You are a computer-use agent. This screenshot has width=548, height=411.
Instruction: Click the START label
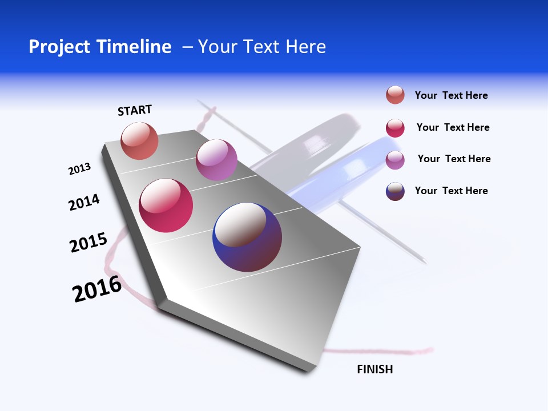pyautogui.click(x=135, y=110)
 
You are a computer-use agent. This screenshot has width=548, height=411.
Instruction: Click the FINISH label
pyautogui.click(x=374, y=369)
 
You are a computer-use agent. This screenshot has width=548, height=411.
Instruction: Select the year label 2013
pyautogui.click(x=79, y=169)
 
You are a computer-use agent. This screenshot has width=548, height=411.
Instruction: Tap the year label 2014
pyautogui.click(x=84, y=202)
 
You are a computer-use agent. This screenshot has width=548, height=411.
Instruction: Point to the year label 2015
pyautogui.click(x=88, y=243)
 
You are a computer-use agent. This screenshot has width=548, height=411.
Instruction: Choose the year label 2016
pyautogui.click(x=97, y=289)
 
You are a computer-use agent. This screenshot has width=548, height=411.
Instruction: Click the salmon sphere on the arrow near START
pyautogui.click(x=139, y=141)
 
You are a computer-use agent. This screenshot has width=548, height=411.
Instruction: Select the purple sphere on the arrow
pyautogui.click(x=216, y=160)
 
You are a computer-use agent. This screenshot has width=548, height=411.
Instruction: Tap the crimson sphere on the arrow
pyautogui.click(x=166, y=205)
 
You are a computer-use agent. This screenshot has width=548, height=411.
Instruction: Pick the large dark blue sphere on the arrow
pyautogui.click(x=247, y=237)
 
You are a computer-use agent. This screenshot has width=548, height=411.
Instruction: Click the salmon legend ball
pyautogui.click(x=395, y=95)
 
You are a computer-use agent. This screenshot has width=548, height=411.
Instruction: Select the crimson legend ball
pyautogui.click(x=395, y=128)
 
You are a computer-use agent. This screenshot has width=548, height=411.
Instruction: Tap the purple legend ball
pyautogui.click(x=395, y=160)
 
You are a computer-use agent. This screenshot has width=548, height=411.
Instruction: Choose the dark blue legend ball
pyautogui.click(x=395, y=191)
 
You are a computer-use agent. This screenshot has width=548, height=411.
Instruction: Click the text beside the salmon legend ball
pyautogui.click(x=451, y=95)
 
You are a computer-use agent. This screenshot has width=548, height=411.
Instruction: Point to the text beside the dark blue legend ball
pyautogui.click(x=451, y=191)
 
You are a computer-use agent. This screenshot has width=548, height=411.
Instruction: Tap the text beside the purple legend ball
pyautogui.click(x=454, y=159)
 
